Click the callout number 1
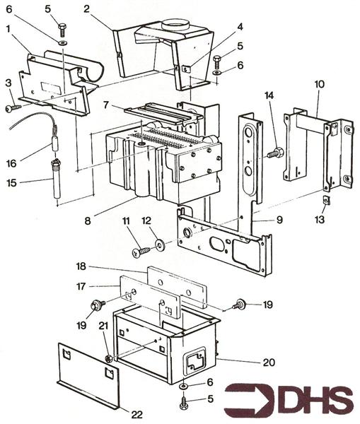coord(9,29)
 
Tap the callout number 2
coord(86,9)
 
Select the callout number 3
coord(8,83)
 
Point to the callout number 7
coord(107,105)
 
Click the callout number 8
coord(88,221)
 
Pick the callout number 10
coord(320,84)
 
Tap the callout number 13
coord(320,219)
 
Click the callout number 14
coord(269,95)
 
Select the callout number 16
coord(11,163)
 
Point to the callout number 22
coord(137,414)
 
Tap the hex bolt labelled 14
coord(275,153)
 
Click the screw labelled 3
coord(13,108)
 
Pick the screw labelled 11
coord(141,252)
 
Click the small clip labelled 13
coord(327,201)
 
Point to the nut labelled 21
coord(109,359)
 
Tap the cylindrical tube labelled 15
coord(57,179)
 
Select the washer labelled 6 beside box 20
coord(183,386)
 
